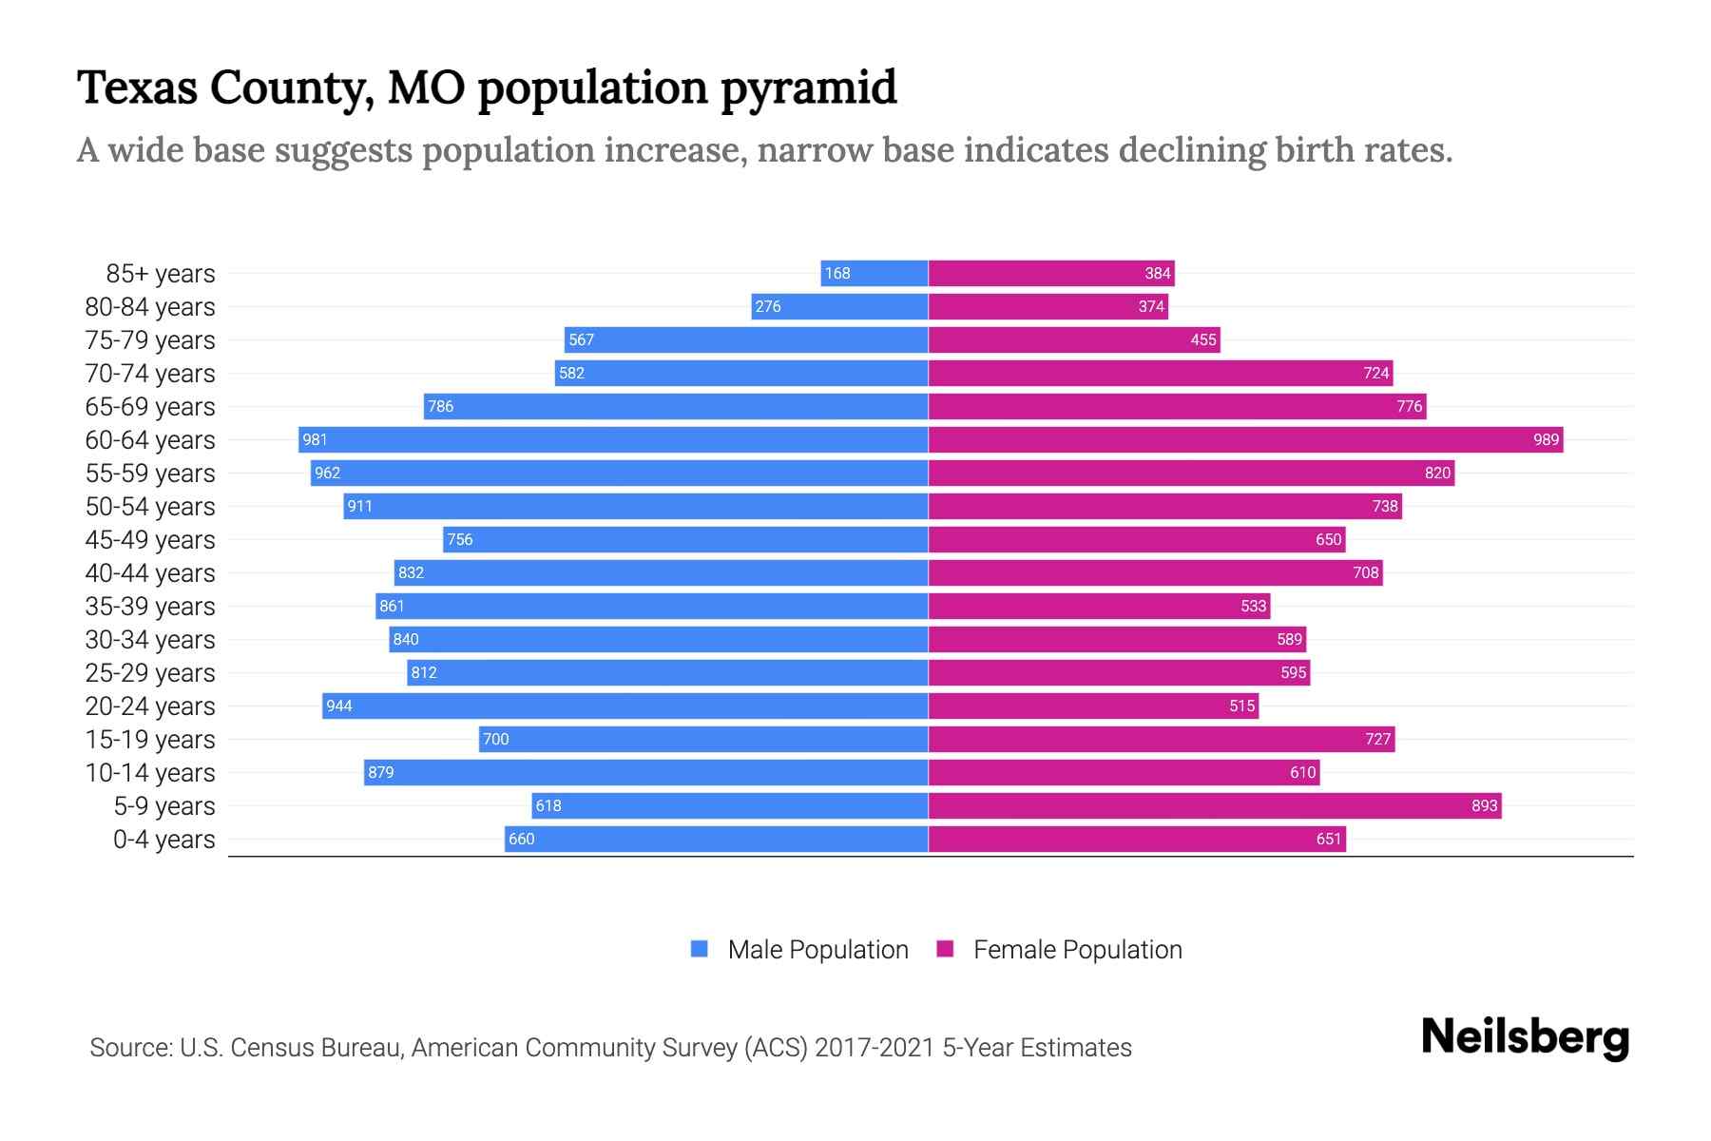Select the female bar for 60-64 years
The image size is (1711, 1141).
coord(1245,440)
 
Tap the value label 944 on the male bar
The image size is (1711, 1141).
coord(339,706)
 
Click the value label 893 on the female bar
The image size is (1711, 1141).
coord(1484,806)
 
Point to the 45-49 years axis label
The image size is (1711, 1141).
coord(150,540)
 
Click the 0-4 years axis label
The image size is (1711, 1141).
coord(163,840)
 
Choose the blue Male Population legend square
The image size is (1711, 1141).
coord(700,949)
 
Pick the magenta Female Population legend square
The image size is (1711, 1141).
coord(945,949)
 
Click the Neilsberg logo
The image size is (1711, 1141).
coord(1525,1037)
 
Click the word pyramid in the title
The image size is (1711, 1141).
coord(808,87)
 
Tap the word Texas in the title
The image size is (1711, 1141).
coord(137,87)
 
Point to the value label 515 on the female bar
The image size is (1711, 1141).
coord(1241,706)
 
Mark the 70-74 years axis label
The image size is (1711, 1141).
coord(150,374)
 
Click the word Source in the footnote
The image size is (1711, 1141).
coord(130,1048)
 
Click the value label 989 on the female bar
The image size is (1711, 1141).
coord(1546,440)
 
